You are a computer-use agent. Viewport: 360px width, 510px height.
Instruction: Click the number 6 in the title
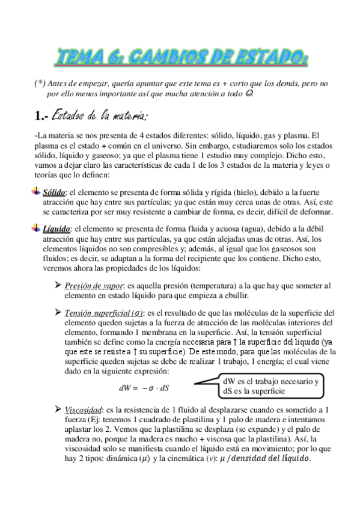(122, 58)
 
